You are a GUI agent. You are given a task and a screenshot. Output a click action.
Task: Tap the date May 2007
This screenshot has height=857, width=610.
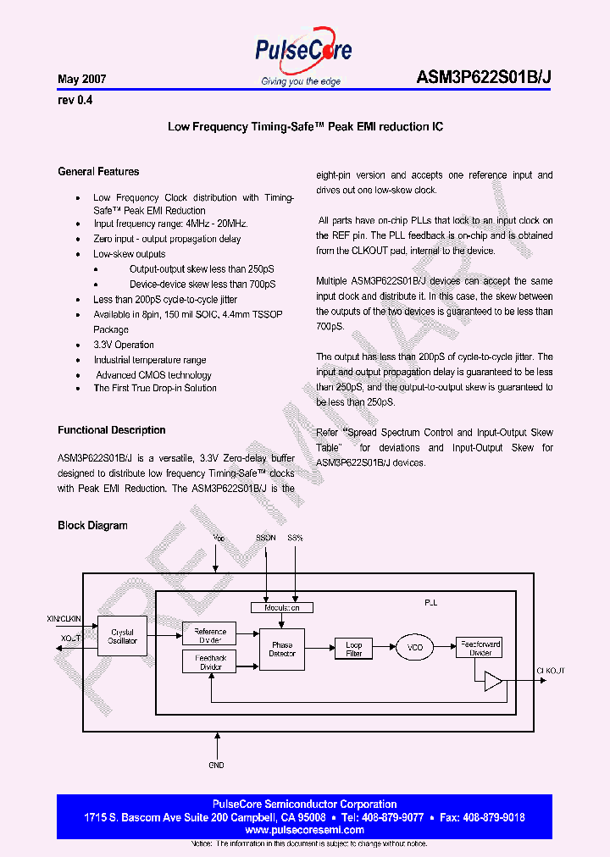tap(81, 80)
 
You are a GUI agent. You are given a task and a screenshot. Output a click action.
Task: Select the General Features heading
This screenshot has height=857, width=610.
tap(98, 171)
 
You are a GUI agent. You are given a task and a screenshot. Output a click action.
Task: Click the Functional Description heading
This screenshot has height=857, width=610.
tap(112, 430)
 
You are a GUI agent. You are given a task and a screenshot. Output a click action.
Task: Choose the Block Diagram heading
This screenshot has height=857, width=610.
tap(92, 525)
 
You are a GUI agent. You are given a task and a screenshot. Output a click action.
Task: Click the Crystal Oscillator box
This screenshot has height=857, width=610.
tap(123, 637)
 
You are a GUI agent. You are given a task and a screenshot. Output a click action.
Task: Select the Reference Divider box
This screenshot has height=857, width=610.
tap(210, 635)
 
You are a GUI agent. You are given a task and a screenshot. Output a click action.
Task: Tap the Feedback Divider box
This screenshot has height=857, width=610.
tap(210, 662)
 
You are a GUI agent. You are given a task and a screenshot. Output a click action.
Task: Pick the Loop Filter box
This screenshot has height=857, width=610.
tap(354, 649)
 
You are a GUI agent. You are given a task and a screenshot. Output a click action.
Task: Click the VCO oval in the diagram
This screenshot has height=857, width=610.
tap(415, 648)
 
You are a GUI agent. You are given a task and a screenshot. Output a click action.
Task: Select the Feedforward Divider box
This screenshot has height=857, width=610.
tap(480, 647)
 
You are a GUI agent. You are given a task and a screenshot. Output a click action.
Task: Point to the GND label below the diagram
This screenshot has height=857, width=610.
tap(217, 766)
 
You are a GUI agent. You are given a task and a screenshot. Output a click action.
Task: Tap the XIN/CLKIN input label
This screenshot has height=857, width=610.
tap(64, 620)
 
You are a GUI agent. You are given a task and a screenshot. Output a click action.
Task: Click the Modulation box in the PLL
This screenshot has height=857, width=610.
tap(282, 607)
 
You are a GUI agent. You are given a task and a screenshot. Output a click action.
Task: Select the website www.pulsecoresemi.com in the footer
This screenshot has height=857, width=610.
tap(304, 831)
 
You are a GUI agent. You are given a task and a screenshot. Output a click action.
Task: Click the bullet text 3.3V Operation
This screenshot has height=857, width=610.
tap(124, 345)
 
